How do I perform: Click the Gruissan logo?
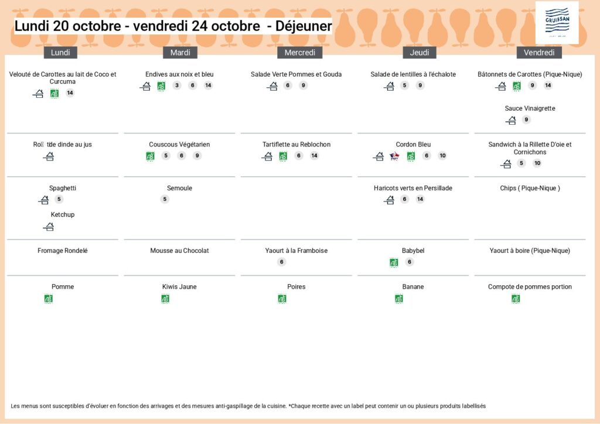point(557,22)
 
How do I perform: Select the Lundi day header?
point(60,53)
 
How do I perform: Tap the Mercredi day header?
point(299,53)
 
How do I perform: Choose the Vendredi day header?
point(539,53)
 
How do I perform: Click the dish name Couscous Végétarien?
point(179,145)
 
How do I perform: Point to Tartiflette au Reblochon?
point(296,145)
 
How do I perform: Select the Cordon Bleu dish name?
point(413,145)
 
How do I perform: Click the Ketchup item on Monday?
point(63,215)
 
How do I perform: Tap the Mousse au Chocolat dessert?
point(179,251)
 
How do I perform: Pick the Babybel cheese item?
point(413,251)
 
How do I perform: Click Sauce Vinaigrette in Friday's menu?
point(530,108)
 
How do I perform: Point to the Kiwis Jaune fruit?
point(179,287)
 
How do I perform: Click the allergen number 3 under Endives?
point(177,86)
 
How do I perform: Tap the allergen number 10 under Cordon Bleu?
point(442,156)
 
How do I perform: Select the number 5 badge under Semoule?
point(165,199)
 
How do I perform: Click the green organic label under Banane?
point(399,299)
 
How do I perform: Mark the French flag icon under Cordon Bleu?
point(394,156)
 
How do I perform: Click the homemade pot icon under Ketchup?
point(49,227)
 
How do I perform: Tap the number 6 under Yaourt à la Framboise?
point(282,262)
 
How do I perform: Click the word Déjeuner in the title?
point(304,26)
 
